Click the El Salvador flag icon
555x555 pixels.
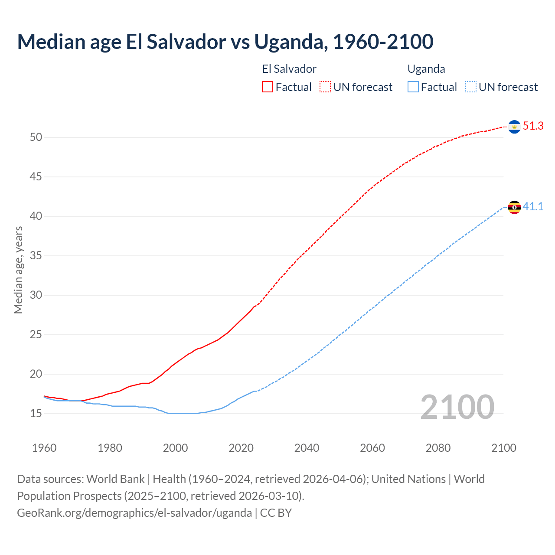click(514, 127)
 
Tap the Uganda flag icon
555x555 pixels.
click(514, 207)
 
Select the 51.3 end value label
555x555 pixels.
click(533, 126)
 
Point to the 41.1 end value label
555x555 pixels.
click(533, 207)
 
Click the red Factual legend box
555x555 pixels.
click(268, 87)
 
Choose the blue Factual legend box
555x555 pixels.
click(413, 87)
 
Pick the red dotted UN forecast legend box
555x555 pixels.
click(325, 87)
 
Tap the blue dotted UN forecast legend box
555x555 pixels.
click(471, 87)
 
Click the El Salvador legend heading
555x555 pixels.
click(289, 69)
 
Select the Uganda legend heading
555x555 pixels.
click(426, 69)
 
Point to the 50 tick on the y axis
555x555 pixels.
click(36, 137)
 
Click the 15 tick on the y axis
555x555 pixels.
click(36, 414)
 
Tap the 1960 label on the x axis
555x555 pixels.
click(44, 448)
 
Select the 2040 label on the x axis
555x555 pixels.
click(307, 448)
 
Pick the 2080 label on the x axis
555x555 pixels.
click(438, 448)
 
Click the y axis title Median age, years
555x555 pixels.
click(18, 270)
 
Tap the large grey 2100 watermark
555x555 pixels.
click(457, 407)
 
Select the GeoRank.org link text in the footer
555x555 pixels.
click(134, 513)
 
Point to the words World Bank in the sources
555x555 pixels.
click(115, 479)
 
